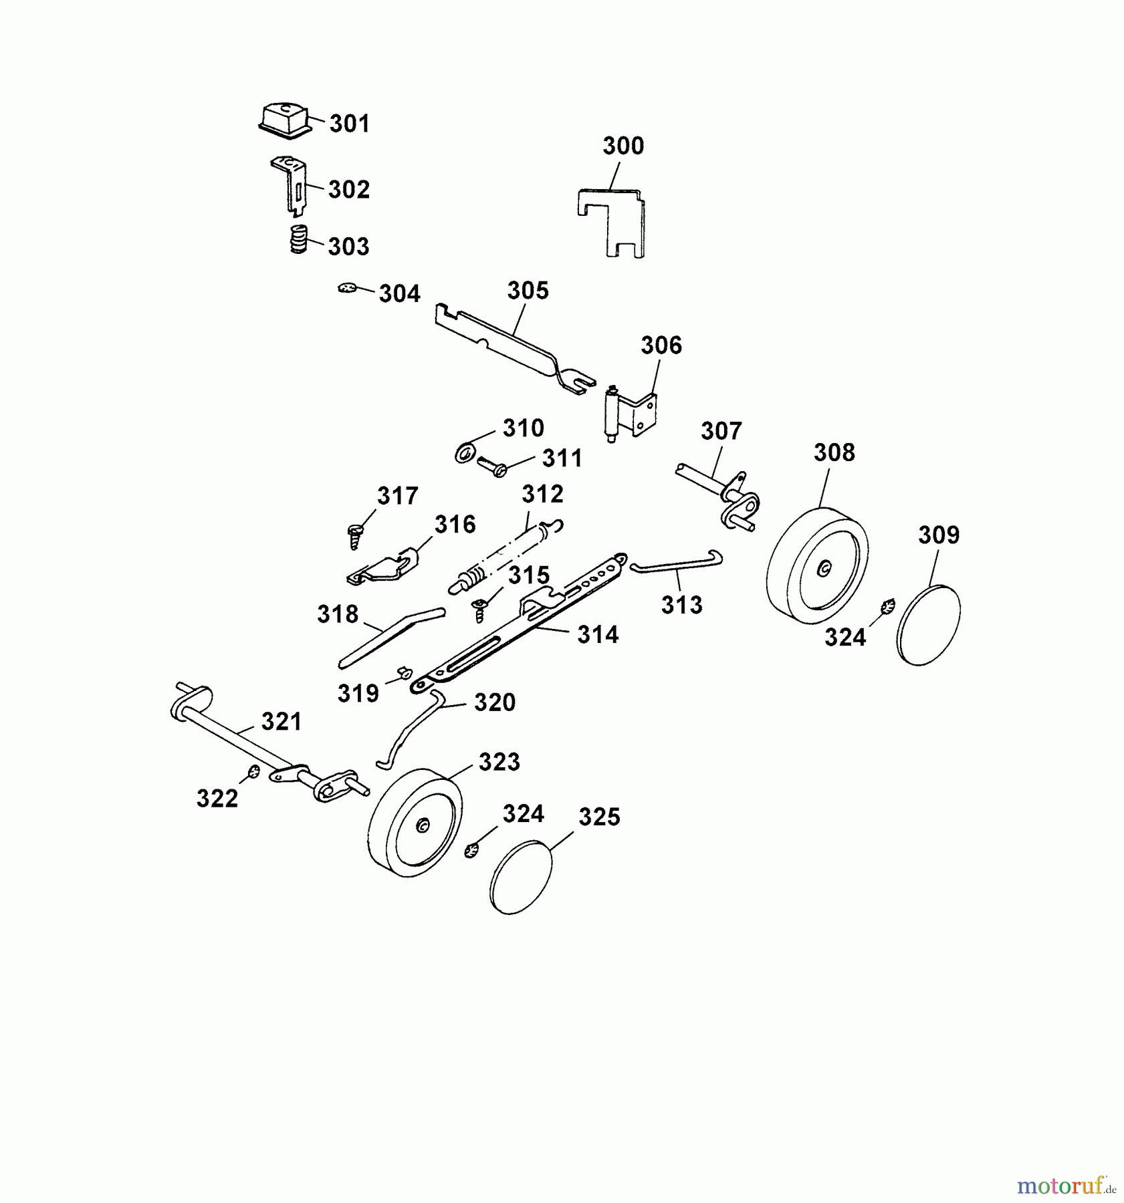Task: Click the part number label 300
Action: pyautogui.click(x=623, y=146)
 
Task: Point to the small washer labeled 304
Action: pyautogui.click(x=347, y=288)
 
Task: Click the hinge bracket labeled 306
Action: pyautogui.click(x=632, y=412)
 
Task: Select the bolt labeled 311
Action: pyautogui.click(x=492, y=466)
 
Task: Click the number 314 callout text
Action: pyautogui.click(x=598, y=634)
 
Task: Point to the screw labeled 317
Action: pyautogui.click(x=354, y=535)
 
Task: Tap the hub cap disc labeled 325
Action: pyautogui.click(x=522, y=876)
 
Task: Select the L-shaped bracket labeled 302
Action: pyautogui.click(x=290, y=186)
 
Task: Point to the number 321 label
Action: pyautogui.click(x=282, y=721)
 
